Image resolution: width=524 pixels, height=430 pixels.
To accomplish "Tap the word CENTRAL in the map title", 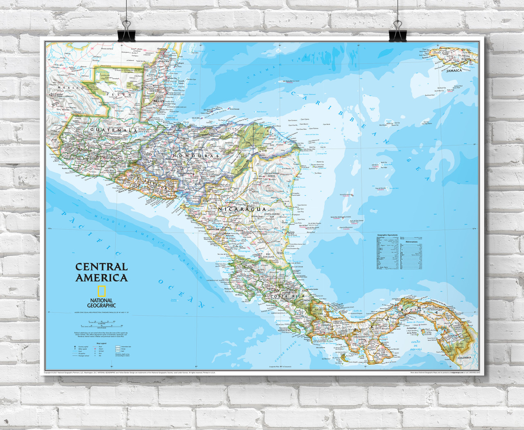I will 101,267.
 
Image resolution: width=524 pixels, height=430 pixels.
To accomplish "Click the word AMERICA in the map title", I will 101,278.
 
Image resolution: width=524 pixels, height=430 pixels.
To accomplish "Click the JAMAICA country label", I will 454,70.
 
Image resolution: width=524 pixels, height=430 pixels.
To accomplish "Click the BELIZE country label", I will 158,101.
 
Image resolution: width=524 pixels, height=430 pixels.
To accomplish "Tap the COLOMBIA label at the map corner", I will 464,358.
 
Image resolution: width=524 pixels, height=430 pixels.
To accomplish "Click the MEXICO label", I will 64,88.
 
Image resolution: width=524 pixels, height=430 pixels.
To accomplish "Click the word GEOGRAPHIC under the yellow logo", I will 102,305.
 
